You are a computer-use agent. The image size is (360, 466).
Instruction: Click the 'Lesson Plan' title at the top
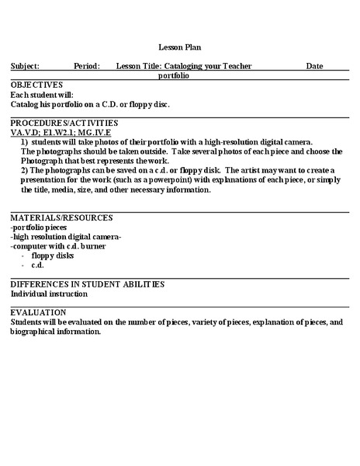[179, 47]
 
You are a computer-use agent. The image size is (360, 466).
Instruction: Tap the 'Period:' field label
[87, 67]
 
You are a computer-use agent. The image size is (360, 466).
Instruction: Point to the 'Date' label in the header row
[314, 67]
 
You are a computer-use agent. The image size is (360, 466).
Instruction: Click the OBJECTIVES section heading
[36, 84]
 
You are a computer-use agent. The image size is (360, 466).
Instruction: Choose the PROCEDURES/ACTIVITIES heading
[64, 123]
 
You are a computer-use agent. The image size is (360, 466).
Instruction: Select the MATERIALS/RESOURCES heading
[62, 217]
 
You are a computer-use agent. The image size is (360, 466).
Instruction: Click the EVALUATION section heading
[39, 311]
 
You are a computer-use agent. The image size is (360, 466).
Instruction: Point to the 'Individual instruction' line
[49, 294]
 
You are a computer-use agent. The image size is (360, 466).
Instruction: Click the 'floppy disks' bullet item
[53, 255]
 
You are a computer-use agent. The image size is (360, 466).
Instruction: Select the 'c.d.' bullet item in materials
[38, 265]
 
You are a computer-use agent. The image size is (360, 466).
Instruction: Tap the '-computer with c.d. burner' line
[58, 245]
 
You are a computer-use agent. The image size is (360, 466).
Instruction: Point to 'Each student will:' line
[42, 93]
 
